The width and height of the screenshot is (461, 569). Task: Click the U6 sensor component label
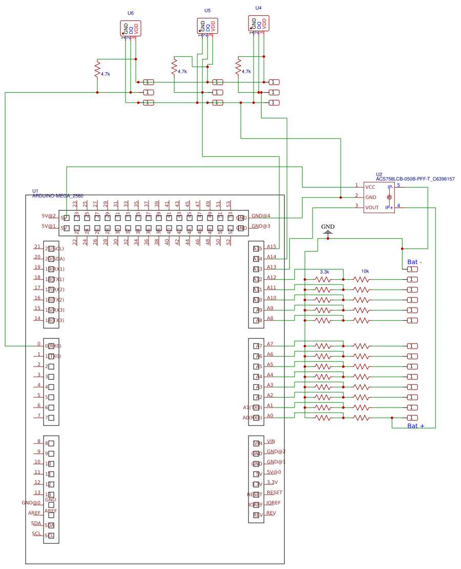pyautogui.click(x=131, y=13)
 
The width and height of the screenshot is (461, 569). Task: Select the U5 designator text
pyautogui.click(x=207, y=10)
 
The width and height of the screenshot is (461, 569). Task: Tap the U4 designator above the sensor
pyautogui.click(x=258, y=8)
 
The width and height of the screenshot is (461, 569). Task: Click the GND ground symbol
pyautogui.click(x=328, y=227)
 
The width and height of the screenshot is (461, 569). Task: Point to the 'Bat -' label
pyautogui.click(x=415, y=262)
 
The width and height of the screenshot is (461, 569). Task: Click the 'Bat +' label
pyautogui.click(x=416, y=426)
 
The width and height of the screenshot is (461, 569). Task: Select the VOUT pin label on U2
pyautogui.click(x=371, y=208)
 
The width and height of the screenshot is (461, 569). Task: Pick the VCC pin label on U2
pyautogui.click(x=370, y=187)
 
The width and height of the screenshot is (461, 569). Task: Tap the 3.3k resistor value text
pyautogui.click(x=324, y=272)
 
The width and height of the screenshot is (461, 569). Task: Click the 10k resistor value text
pyautogui.click(x=365, y=272)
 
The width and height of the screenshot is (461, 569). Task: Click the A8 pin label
pyautogui.click(x=270, y=318)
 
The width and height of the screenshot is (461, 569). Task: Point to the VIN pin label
pyautogui.click(x=271, y=441)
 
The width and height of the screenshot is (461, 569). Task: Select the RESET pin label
pyautogui.click(x=274, y=492)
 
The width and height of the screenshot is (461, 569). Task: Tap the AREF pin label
pyautogui.click(x=34, y=513)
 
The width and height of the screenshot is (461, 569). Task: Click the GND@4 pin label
pyautogui.click(x=261, y=216)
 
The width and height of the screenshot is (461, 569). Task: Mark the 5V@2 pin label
pyautogui.click(x=49, y=216)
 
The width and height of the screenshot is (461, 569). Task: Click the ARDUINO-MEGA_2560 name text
pyautogui.click(x=57, y=196)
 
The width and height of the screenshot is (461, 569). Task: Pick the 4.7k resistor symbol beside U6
pyautogui.click(x=97, y=69)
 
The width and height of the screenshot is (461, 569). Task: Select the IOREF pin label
pyautogui.click(x=274, y=502)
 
